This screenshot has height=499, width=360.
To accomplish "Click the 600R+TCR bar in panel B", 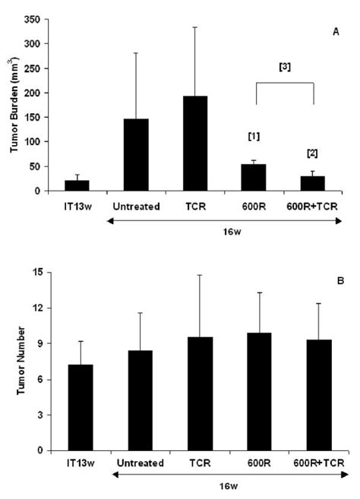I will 315,395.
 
